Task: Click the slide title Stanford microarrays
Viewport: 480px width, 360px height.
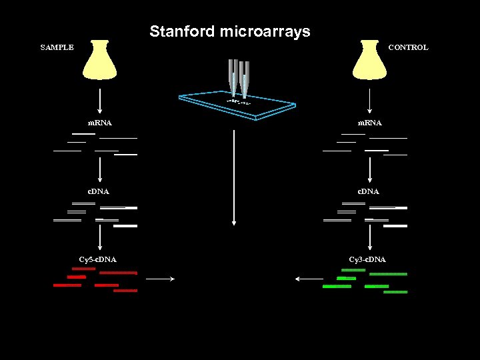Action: [230, 31]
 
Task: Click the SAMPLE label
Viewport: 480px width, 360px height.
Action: [57, 47]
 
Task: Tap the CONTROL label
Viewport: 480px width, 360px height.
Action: [408, 47]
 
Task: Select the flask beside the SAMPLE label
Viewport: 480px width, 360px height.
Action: [100, 61]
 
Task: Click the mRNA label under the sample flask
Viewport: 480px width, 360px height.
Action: [100, 123]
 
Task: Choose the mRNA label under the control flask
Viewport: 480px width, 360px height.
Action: [369, 123]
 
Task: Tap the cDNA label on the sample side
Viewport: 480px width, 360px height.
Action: [99, 191]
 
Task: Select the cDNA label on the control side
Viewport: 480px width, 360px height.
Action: [369, 191]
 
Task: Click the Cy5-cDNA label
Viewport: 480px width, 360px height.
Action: [97, 259]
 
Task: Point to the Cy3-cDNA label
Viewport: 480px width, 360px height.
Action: [367, 259]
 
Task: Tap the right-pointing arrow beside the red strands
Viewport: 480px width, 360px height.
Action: [160, 279]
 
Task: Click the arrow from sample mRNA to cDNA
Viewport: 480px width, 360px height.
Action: [100, 169]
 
